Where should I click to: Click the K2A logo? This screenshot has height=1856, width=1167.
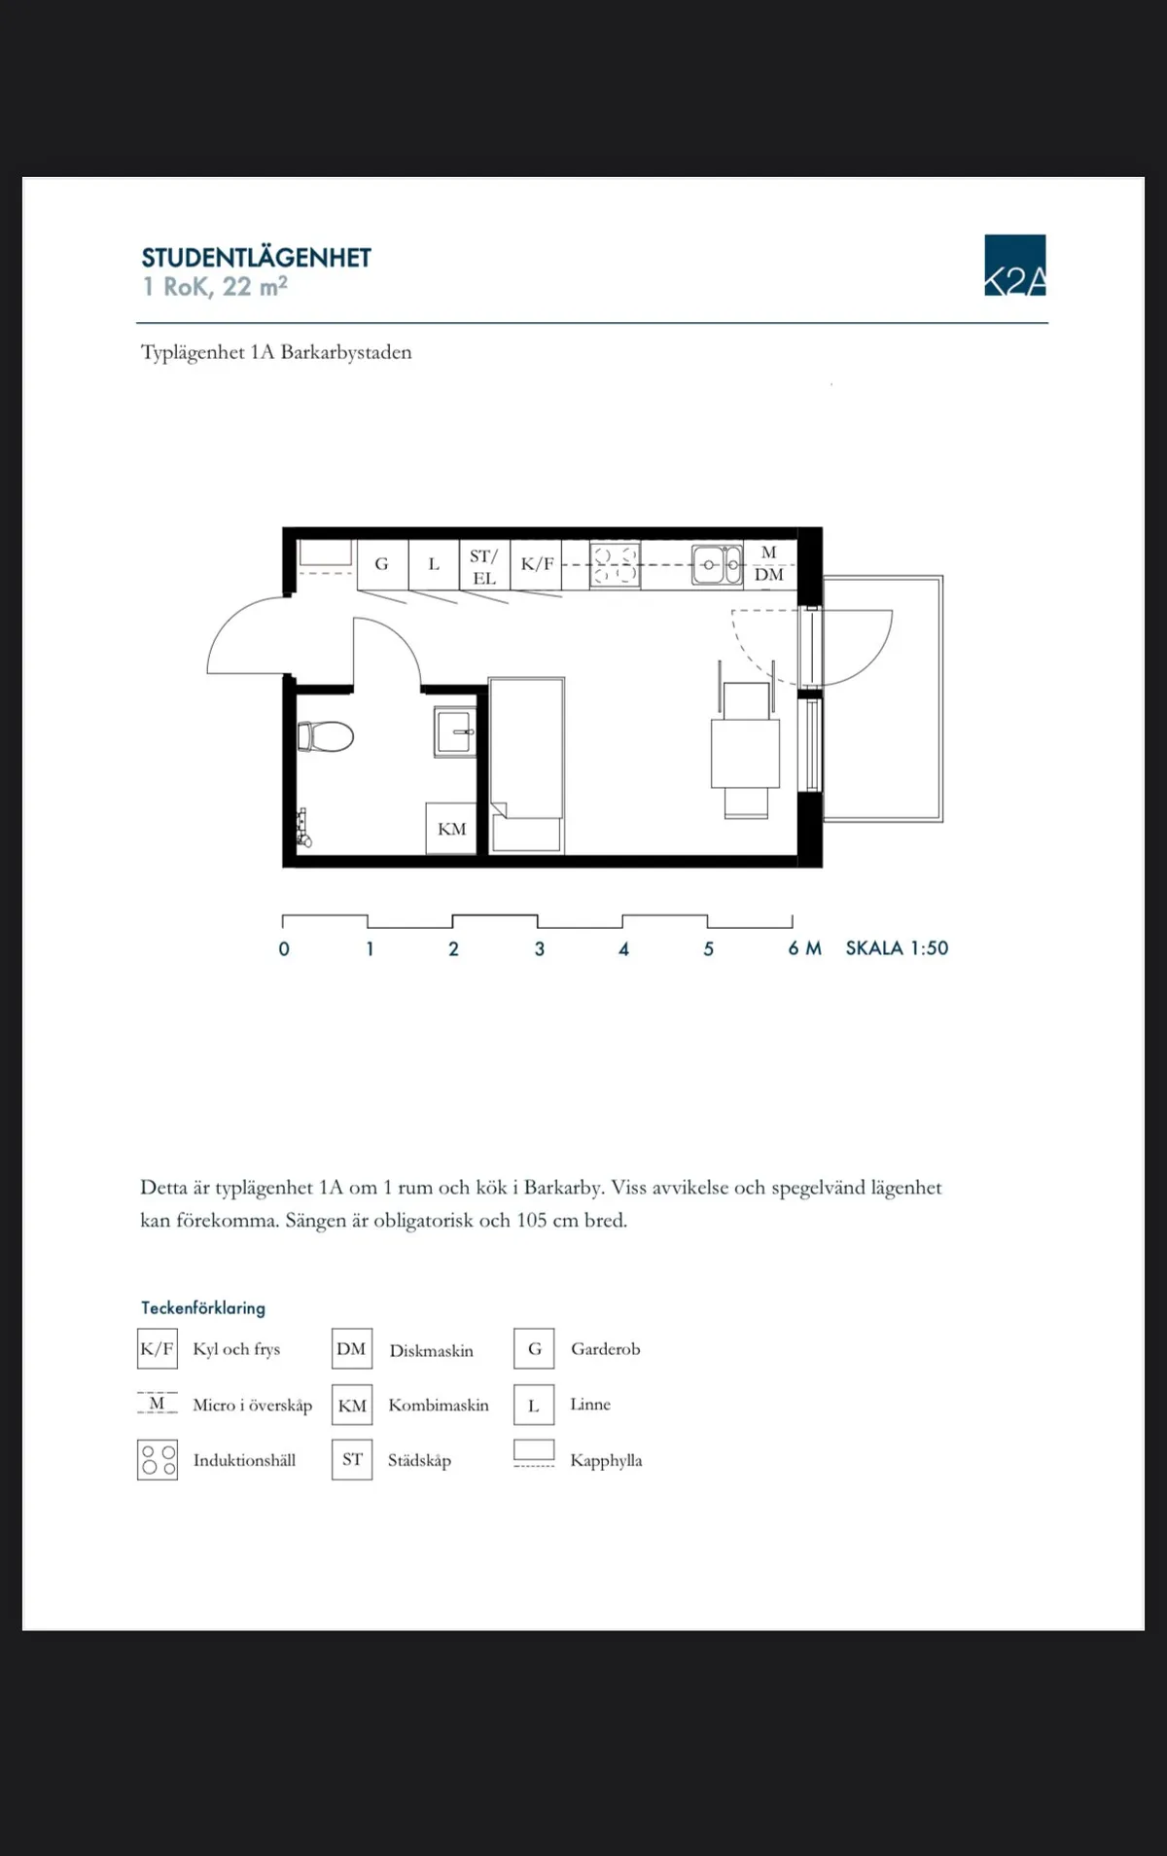[x=1014, y=265]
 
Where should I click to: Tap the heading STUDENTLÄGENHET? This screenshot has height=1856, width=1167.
[x=256, y=258]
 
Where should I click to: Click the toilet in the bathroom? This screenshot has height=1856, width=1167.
[x=326, y=736]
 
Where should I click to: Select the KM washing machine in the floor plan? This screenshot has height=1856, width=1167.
[x=451, y=829]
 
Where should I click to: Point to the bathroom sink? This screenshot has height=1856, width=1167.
[x=455, y=732]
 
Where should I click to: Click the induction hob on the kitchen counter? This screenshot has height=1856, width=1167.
[x=615, y=565]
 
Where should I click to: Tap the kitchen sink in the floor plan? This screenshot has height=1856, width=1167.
[x=717, y=565]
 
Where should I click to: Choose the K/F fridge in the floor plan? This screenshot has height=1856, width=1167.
[x=537, y=564]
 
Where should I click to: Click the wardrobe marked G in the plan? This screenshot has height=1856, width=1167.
[x=382, y=564]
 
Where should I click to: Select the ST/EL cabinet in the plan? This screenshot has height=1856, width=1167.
[x=484, y=566]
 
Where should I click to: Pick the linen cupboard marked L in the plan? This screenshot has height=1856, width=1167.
[x=434, y=564]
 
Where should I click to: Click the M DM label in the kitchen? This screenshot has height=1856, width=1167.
[x=769, y=564]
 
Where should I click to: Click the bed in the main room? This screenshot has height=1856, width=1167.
[x=526, y=749]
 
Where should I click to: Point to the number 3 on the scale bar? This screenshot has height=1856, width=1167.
[x=540, y=949]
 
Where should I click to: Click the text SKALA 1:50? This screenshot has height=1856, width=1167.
[x=897, y=948]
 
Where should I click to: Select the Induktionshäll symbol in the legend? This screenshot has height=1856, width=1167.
[x=158, y=1460]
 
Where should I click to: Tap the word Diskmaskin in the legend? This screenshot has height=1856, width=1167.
[x=431, y=1350]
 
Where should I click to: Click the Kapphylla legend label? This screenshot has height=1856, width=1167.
[x=606, y=1460]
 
